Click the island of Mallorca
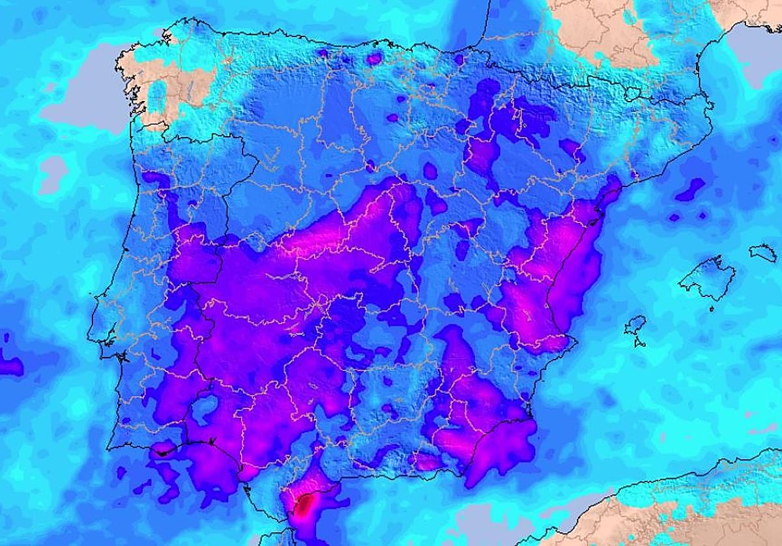708,278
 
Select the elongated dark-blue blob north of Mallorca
690,189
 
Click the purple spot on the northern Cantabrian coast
374,59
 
